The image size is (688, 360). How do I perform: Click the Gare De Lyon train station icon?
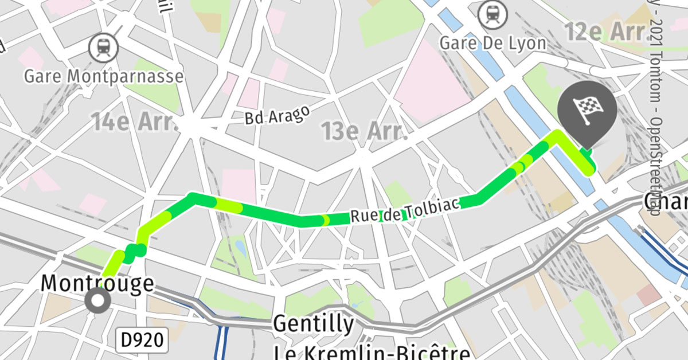tap(492, 14)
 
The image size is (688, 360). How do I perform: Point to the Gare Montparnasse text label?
tap(104, 76)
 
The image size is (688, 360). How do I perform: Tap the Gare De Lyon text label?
tap(492, 42)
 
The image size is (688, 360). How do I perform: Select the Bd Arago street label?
tap(277, 114)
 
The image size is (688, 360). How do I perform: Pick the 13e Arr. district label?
tap(364, 131)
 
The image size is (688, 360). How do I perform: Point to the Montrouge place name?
tap(97, 283)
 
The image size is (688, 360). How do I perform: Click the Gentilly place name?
tap(314, 324)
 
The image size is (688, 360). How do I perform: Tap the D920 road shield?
tap(144, 340)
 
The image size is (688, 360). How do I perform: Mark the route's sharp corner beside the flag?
tap(556, 135)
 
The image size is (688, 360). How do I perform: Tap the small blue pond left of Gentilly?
tap(240, 248)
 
